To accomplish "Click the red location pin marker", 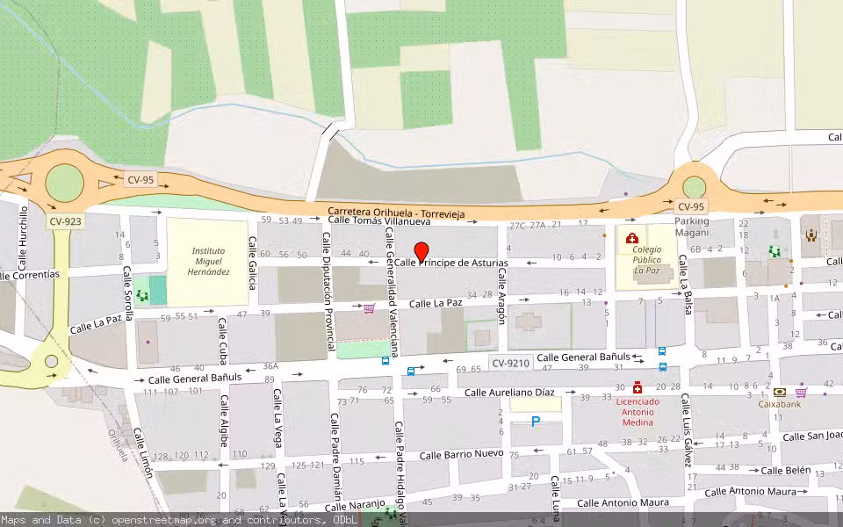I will pyautogui.click(x=421, y=252).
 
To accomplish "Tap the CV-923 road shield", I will pyautogui.click(x=65, y=221).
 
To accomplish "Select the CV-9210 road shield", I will pyautogui.click(x=510, y=362).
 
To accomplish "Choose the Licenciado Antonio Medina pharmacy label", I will pyautogui.click(x=638, y=413).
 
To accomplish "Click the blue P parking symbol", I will pyautogui.click(x=536, y=423).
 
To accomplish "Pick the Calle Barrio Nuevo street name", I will pyautogui.click(x=461, y=454).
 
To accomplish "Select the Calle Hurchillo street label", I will pyautogui.click(x=24, y=237).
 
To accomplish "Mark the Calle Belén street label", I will pyautogui.click(x=785, y=470).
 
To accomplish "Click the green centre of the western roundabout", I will pyautogui.click(x=64, y=183).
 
